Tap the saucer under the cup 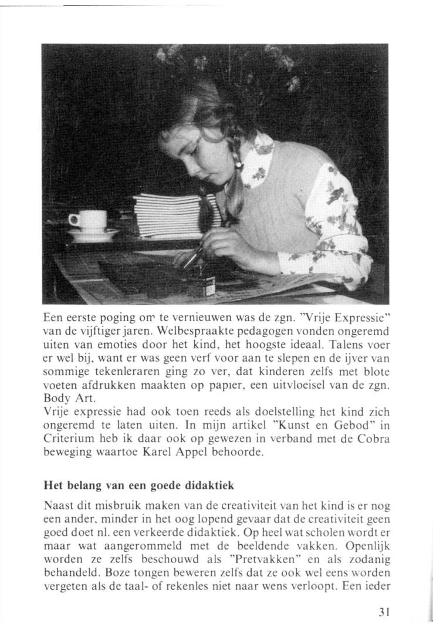[x=92, y=234]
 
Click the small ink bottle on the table [x=201, y=285]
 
